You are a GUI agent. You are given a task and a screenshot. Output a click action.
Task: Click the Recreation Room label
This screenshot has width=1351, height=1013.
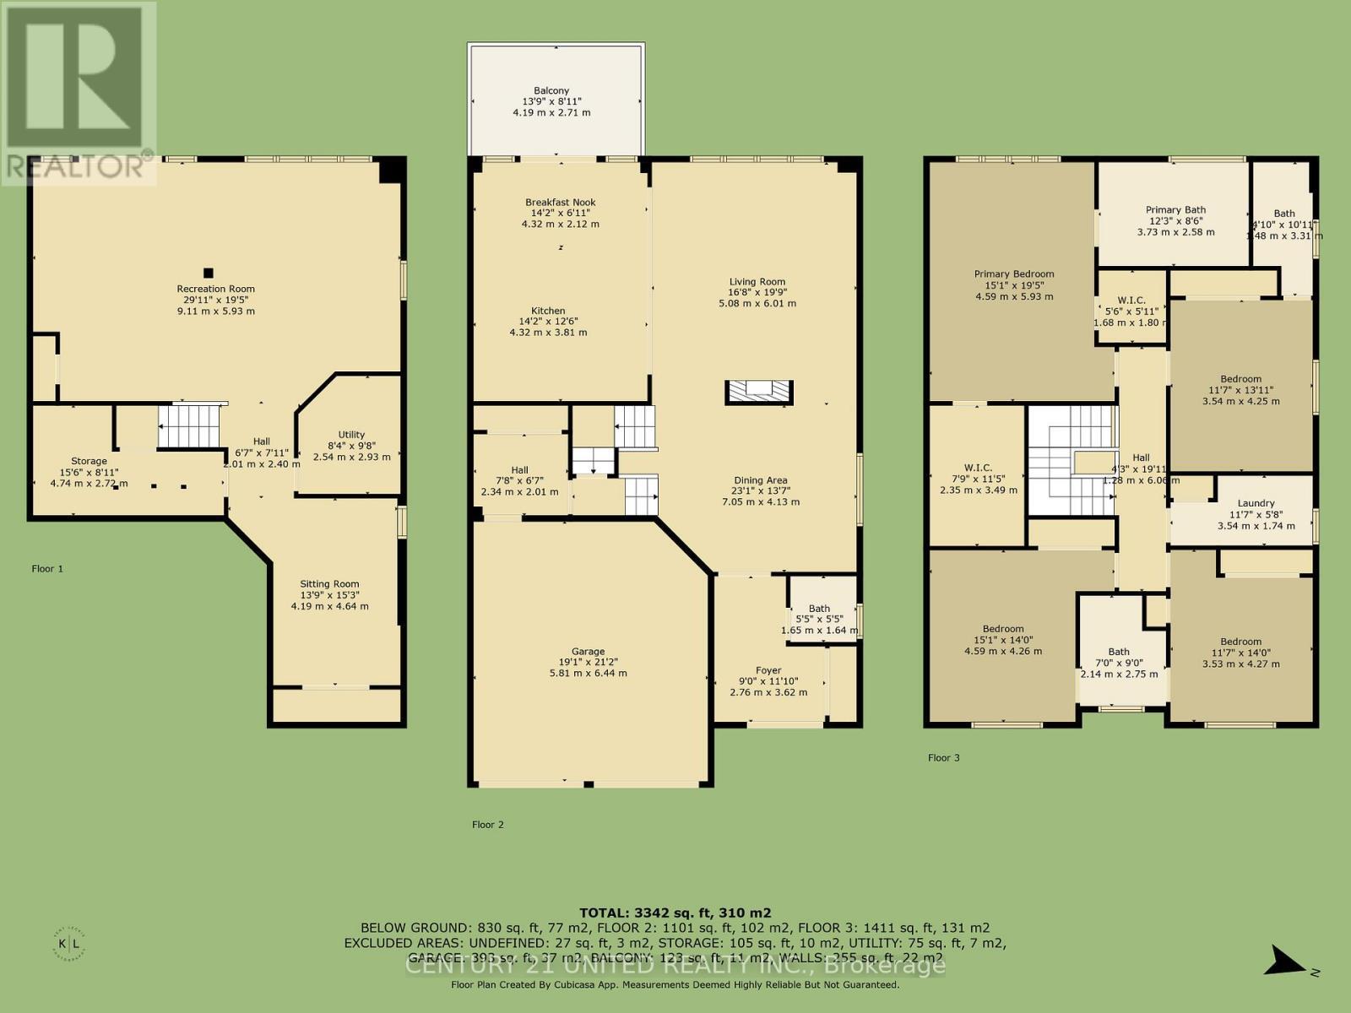coord(215,289)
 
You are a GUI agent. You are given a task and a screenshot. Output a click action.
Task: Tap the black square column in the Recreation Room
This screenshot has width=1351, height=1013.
coord(208,273)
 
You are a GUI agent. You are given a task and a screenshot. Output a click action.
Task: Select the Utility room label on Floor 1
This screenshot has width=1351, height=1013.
coord(351,435)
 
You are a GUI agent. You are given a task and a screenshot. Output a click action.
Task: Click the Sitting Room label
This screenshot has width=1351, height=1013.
coord(329,584)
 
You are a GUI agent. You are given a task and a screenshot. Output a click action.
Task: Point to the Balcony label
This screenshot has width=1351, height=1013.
coord(551,90)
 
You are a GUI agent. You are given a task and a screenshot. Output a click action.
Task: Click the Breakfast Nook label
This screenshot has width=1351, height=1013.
coord(560,203)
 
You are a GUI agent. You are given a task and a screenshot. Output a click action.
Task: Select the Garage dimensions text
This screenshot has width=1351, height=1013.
coord(588,668)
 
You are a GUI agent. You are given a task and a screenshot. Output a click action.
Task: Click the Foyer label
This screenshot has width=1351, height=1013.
coord(768,670)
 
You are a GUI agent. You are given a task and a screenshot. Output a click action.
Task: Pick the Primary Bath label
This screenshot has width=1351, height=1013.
coord(1175,210)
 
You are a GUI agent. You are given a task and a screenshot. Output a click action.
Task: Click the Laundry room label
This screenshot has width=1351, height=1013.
coord(1256,503)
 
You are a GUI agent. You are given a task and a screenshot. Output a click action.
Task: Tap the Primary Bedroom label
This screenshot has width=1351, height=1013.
coord(1014,274)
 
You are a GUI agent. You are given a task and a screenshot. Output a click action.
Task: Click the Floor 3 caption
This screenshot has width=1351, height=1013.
coord(943,758)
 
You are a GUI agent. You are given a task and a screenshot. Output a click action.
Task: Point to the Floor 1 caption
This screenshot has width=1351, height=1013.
coord(47,569)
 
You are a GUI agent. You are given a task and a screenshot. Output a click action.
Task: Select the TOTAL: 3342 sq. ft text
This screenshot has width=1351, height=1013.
coord(675,913)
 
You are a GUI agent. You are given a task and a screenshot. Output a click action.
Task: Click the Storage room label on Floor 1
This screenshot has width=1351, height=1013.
coord(89,461)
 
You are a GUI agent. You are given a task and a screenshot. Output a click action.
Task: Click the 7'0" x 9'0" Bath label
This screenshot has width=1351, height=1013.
coord(1119,652)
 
